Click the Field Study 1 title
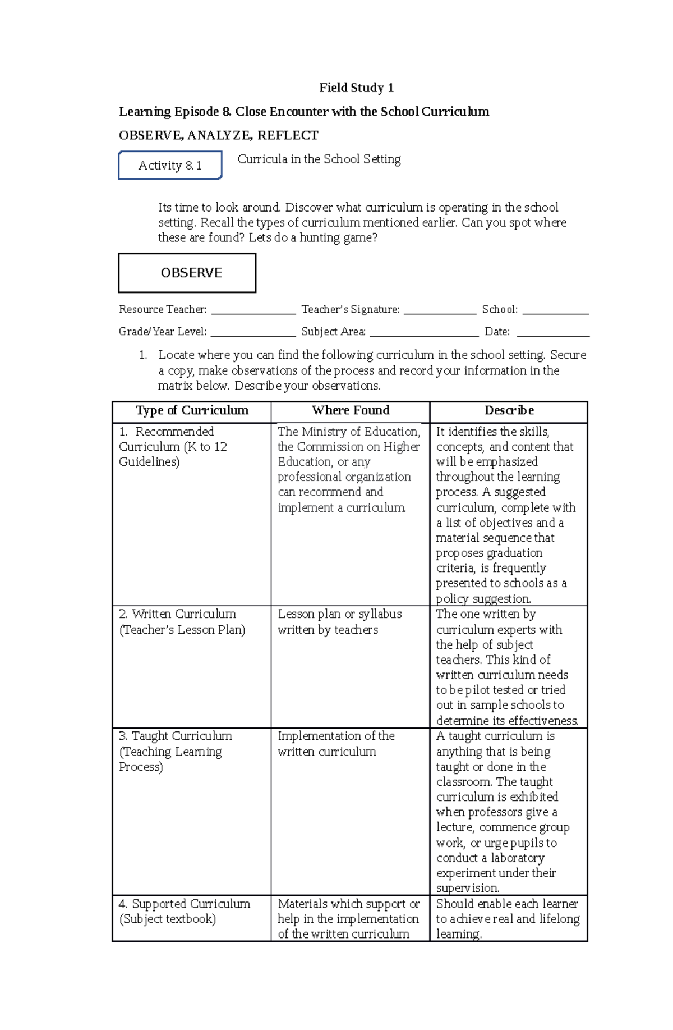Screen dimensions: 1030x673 point(356,88)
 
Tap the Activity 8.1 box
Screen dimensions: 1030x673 point(170,165)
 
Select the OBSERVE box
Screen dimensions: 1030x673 point(187,273)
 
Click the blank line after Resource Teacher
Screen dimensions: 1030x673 point(253,312)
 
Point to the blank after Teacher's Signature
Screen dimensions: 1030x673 point(440,312)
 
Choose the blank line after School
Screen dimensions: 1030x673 point(555,312)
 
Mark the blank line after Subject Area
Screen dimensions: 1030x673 point(424,334)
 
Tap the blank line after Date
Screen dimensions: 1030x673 point(553,334)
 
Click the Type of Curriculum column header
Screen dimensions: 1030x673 point(192,410)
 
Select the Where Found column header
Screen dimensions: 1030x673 point(351,410)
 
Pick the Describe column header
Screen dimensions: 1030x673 point(509,410)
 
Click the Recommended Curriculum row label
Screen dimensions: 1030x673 point(173,447)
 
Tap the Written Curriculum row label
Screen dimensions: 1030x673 point(182,622)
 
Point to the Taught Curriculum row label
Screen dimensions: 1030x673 point(175,751)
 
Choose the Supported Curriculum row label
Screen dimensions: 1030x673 point(184,911)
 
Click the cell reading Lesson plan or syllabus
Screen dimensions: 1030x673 point(339,622)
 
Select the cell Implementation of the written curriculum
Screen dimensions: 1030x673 point(336,744)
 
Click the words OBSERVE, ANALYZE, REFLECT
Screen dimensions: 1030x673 point(218,135)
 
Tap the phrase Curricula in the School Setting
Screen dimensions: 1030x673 point(319,159)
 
